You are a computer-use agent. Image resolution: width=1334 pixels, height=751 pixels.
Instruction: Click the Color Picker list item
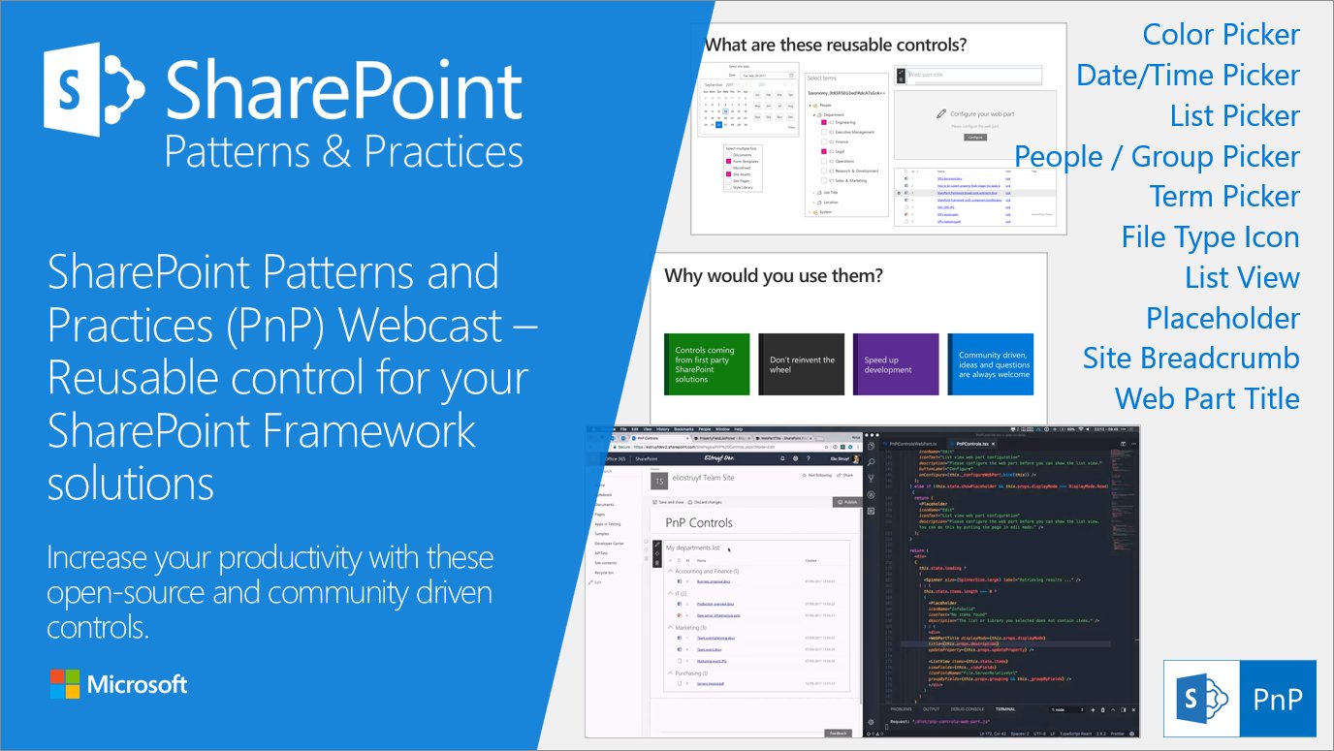coord(1221,35)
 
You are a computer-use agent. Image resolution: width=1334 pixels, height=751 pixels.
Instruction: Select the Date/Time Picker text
coord(1188,76)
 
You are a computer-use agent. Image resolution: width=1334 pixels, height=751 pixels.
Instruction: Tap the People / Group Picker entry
coord(1157,156)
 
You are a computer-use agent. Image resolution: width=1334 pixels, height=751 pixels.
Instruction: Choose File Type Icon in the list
coord(1210,236)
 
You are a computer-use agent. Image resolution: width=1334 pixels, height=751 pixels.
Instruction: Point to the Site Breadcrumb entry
coord(1191,358)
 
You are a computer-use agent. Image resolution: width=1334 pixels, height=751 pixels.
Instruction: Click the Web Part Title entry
coord(1207,398)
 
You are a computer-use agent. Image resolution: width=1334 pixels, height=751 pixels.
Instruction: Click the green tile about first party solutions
coord(707,364)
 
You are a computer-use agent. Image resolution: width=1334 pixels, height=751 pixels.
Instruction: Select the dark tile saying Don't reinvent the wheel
coord(801,364)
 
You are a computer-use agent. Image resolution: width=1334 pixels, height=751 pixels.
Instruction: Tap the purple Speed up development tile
coord(896,364)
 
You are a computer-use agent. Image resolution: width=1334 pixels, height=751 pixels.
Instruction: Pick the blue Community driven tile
coord(991,364)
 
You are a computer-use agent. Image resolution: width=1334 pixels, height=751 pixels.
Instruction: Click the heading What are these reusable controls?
coord(835,45)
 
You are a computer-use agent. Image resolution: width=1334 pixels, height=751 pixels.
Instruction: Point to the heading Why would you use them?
coord(774,276)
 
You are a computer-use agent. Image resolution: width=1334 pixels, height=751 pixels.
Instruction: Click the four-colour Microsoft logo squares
coord(65,684)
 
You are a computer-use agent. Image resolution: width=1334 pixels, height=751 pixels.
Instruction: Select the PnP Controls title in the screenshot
coord(698,522)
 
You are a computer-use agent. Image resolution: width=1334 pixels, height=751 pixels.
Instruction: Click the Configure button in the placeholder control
coord(975,138)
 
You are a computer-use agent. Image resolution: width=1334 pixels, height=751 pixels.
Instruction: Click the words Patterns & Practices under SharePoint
coord(343,152)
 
